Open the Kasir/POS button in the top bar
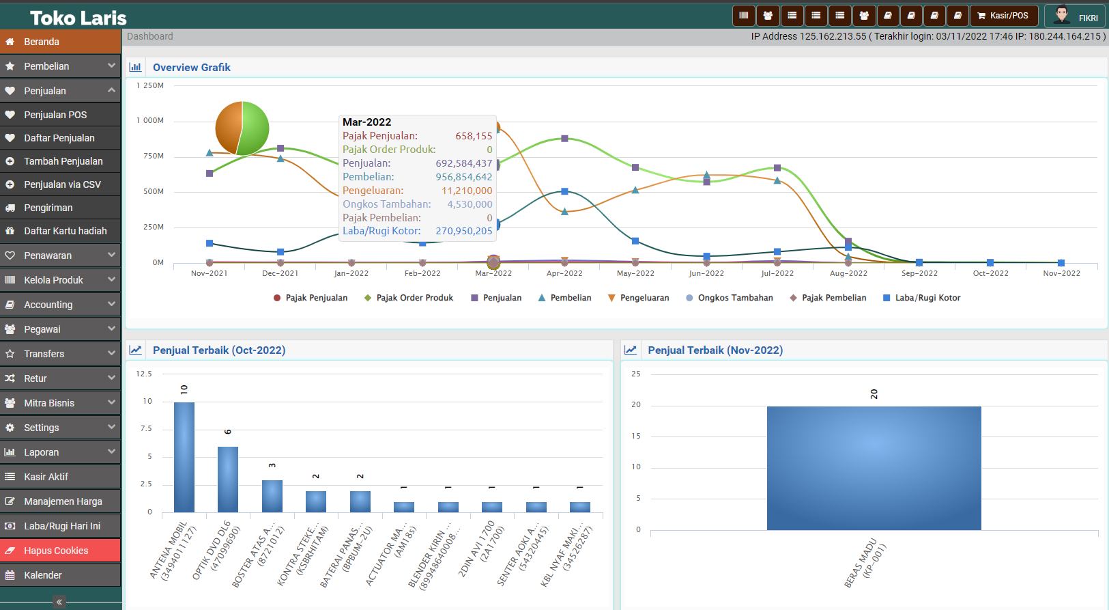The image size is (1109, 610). tap(1003, 16)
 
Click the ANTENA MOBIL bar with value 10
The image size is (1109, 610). tap(184, 457)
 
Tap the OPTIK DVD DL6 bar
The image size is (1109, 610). tap(228, 479)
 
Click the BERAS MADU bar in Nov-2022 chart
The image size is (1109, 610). tap(874, 469)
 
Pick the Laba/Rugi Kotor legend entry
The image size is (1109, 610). tap(922, 298)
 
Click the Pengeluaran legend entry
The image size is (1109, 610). tap(639, 298)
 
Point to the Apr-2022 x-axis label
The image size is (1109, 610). tap(564, 273)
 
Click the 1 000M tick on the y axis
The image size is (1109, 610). tap(150, 120)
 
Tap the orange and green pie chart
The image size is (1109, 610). tap(242, 128)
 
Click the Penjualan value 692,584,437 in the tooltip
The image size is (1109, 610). tap(464, 163)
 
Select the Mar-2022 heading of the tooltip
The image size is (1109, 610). tap(367, 122)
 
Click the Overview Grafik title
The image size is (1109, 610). tap(192, 68)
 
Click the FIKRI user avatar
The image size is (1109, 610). tap(1061, 15)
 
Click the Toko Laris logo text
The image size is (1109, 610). tap(78, 18)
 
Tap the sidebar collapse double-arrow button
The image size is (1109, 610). tap(59, 602)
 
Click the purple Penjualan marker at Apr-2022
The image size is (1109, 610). tap(564, 139)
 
